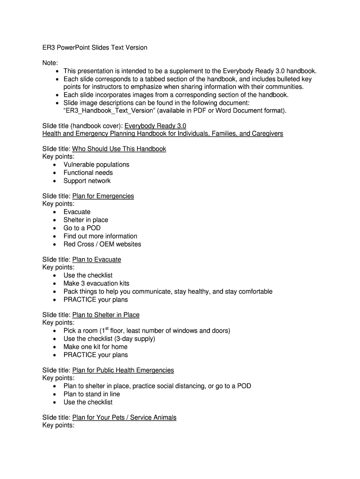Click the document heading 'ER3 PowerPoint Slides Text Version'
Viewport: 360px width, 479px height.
coord(95,48)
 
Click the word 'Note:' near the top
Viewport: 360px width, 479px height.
coord(50,63)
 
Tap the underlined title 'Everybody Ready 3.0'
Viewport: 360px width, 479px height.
coord(155,126)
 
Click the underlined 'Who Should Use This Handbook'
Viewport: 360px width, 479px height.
coord(119,149)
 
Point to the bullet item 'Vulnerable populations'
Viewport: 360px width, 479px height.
coord(96,165)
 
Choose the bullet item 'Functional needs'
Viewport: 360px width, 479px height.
coord(88,173)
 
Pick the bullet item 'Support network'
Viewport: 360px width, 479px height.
coord(87,181)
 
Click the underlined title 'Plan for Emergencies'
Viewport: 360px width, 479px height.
coord(103,196)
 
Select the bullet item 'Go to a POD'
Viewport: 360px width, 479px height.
coord(82,228)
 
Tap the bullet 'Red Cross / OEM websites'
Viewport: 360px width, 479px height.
coord(102,244)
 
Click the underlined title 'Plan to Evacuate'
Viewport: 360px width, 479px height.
coord(97,259)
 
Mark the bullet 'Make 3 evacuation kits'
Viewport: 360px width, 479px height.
coord(96,283)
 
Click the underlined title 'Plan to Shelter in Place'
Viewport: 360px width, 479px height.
coord(106,315)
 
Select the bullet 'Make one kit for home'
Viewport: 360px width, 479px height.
coord(95,347)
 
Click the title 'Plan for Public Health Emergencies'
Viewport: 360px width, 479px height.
coord(123,370)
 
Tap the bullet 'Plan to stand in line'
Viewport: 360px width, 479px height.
coord(92,394)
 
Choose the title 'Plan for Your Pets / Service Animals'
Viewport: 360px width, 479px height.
coord(124,417)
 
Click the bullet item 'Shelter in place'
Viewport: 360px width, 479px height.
coord(86,220)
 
